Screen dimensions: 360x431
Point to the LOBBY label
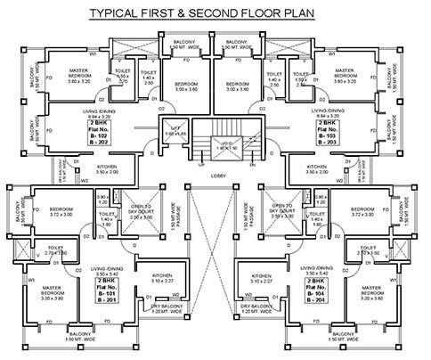(216, 176)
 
